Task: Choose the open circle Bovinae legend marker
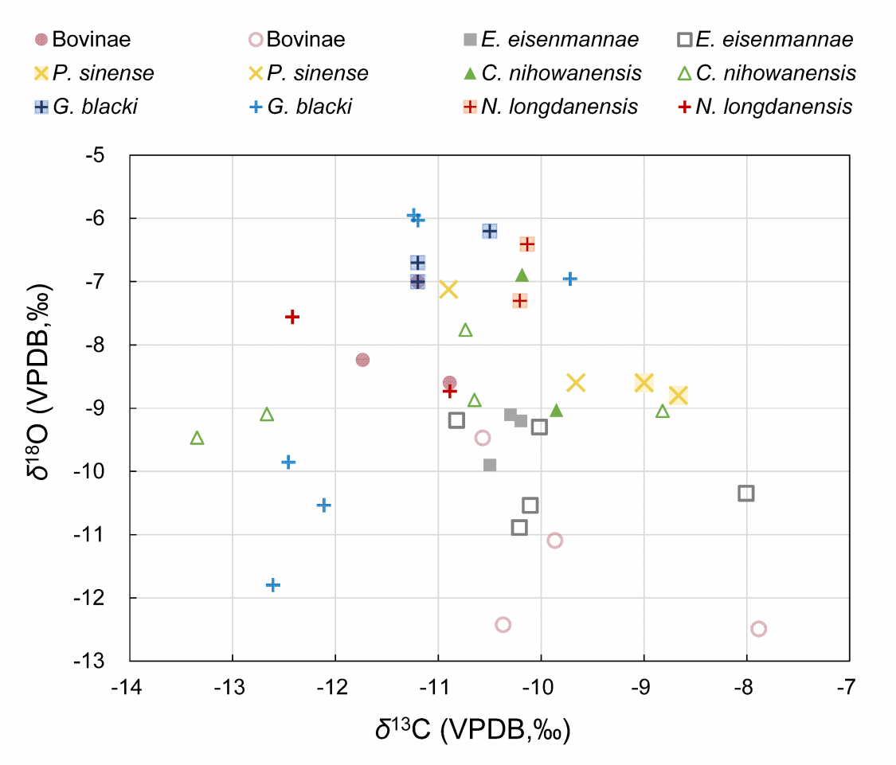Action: (256, 40)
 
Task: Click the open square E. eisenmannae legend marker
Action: (684, 40)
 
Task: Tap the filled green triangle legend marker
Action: (470, 73)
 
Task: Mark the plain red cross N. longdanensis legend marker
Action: (684, 107)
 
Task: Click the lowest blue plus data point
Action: (273, 585)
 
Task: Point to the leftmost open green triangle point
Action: (198, 438)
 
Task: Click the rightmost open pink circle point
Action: (758, 629)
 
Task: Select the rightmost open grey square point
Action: (746, 494)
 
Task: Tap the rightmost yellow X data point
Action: (678, 396)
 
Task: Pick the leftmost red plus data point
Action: (292, 317)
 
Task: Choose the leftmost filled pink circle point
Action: (362, 360)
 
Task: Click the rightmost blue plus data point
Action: (570, 279)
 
